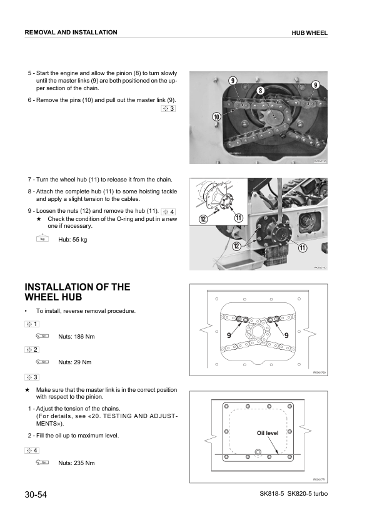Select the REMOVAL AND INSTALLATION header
pos(70,32)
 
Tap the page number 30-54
pos(36,496)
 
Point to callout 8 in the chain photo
pos(259,91)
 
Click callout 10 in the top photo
pos(216,116)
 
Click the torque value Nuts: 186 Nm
pos(76,337)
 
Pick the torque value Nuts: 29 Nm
pos(74,362)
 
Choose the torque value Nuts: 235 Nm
pos(76,463)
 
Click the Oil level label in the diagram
pos(267,433)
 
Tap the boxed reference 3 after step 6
pos(168,109)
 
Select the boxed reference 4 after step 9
pos(168,210)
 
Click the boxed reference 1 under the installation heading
pos(32,324)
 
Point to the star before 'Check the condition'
pos(39,219)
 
